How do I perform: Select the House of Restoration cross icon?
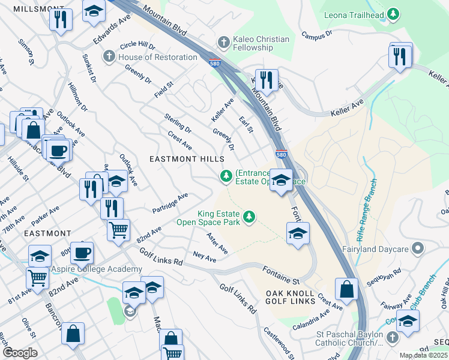tap(109, 57)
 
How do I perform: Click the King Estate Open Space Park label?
tap(208, 218)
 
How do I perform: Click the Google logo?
tap(19, 353)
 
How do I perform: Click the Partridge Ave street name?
tap(170, 203)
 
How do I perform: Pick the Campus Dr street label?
tap(316, 35)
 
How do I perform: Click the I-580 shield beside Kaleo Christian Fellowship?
tap(214, 62)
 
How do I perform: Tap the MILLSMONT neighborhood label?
tap(34, 9)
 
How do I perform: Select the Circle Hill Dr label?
tap(137, 46)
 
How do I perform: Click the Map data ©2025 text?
tap(423, 355)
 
